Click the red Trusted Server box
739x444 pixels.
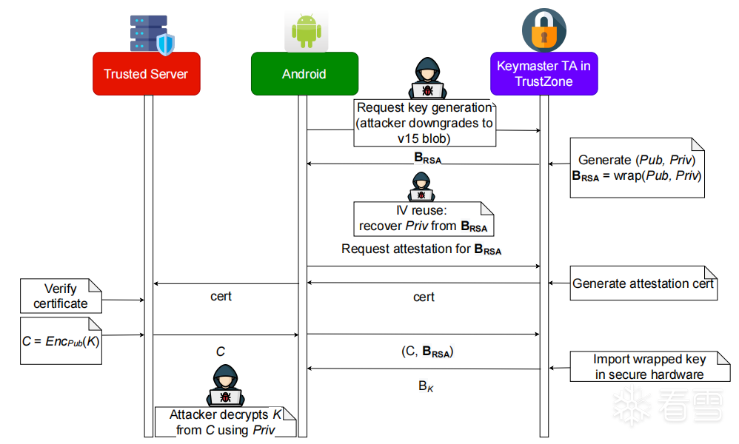[x=147, y=73]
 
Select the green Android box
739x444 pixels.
[x=304, y=73]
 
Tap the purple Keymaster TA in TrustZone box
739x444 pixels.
[x=544, y=73]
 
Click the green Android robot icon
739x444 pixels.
[x=307, y=31]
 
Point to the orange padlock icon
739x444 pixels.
[x=544, y=30]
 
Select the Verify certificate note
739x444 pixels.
[x=61, y=296]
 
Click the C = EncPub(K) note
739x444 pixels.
[x=61, y=340]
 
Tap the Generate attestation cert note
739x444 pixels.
[x=643, y=283]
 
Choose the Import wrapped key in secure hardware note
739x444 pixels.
[x=650, y=366]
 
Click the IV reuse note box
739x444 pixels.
[x=424, y=219]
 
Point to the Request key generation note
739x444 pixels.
[x=424, y=124]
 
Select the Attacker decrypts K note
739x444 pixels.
[x=226, y=422]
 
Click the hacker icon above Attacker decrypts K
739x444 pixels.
[x=225, y=385]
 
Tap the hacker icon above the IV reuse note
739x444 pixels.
[x=421, y=186]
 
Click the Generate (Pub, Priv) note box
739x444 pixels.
[x=638, y=168]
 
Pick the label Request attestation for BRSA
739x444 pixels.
[x=421, y=249]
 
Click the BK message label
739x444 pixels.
[x=426, y=386]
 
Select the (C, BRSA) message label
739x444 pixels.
[x=427, y=351]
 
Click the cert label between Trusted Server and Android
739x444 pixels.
[x=221, y=296]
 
